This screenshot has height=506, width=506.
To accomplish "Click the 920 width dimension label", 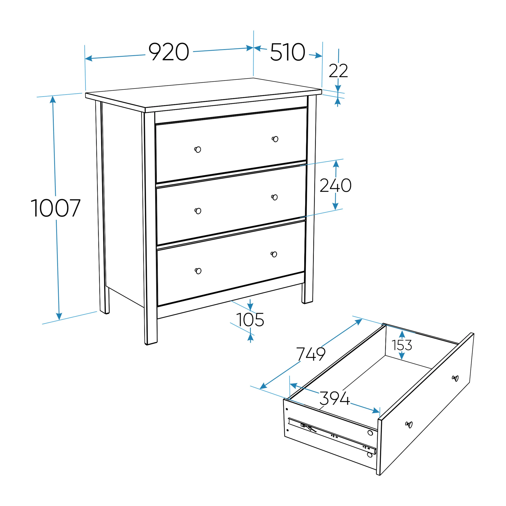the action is [169, 52].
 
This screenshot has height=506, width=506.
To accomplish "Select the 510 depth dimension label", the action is [288, 52].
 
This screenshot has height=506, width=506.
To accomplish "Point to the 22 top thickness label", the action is [338, 71].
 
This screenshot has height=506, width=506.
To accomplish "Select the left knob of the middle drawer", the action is [198, 211].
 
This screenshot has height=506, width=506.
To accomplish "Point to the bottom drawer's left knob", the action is [198, 271].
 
